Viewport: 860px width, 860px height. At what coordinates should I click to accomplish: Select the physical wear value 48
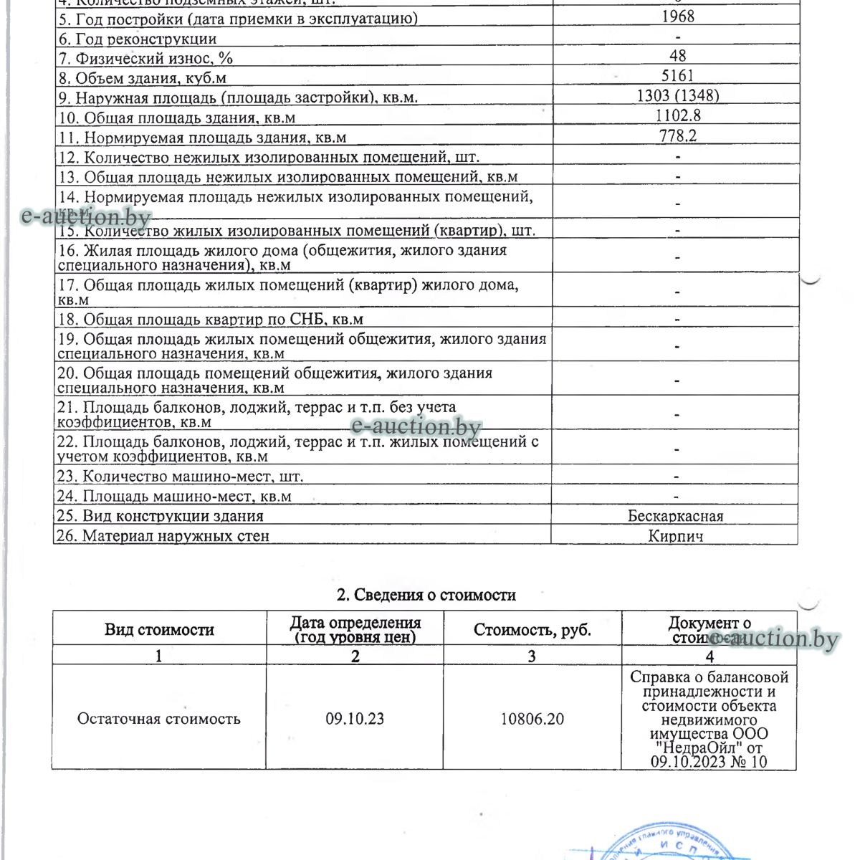677,56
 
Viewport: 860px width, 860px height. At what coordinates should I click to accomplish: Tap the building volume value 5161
677,75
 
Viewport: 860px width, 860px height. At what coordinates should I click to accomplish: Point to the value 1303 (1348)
677,95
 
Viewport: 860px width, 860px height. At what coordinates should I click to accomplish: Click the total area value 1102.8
677,115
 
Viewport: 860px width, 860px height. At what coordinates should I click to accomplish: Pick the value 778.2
677,135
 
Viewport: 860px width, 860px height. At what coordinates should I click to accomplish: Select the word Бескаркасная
675,516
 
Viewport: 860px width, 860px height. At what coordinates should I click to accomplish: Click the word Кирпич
675,535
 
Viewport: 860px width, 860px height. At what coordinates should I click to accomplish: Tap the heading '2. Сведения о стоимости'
426,595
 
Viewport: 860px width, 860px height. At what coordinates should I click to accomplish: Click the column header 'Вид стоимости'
159,630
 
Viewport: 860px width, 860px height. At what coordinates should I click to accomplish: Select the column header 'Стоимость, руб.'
532,630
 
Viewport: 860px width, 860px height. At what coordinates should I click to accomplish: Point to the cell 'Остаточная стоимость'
158,718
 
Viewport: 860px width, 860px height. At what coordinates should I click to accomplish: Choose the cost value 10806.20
532,718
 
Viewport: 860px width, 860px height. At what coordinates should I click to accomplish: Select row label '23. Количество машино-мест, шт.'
180,476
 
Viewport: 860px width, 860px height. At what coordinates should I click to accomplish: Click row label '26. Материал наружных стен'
163,535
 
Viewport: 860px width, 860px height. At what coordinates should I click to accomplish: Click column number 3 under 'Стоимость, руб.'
532,656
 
